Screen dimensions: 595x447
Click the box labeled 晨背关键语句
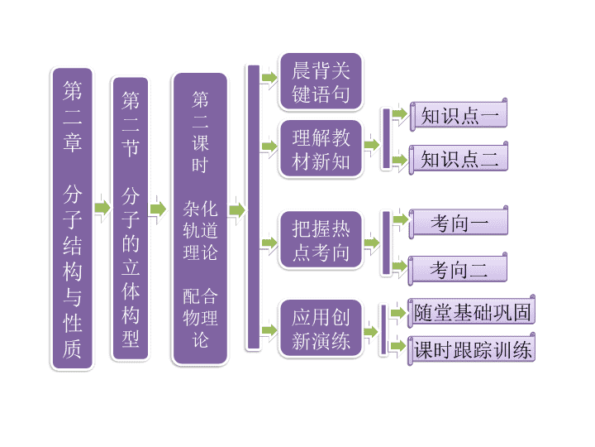coord(321,82)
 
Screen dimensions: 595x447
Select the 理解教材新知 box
coord(321,149)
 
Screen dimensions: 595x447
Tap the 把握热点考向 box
coord(321,240)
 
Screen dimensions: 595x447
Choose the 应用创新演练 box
coord(321,329)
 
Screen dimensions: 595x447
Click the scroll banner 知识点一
coord(459,115)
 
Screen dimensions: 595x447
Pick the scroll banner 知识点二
coord(459,158)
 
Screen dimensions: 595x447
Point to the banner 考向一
coord(459,223)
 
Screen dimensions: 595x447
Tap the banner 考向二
coord(458,269)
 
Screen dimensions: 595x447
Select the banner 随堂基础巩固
coord(471,312)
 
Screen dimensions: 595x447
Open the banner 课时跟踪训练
coord(471,349)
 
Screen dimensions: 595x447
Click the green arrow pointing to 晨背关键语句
coord(269,79)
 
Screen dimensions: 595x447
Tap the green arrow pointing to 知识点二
coord(400,160)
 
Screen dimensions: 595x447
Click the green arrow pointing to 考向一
coord(400,219)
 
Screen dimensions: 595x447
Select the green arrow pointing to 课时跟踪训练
coord(398,346)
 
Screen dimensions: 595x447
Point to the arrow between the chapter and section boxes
coord(102,208)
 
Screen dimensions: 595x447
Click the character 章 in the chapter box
coord(72,142)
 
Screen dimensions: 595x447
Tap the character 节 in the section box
coord(131,147)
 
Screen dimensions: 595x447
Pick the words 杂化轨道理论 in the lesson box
coord(200,230)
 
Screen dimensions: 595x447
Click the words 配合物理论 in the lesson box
coord(200,318)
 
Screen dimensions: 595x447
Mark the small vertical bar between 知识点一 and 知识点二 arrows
coord(386,138)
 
